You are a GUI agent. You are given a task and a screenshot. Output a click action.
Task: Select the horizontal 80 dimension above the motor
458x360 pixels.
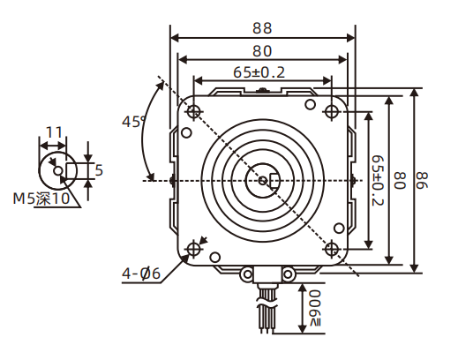(x=262, y=50)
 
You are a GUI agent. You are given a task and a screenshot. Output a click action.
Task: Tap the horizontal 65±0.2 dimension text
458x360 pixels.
(x=259, y=72)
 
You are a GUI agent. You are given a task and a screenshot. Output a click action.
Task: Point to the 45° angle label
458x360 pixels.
(x=134, y=122)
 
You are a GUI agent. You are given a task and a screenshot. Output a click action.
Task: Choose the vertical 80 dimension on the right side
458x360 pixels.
(x=399, y=181)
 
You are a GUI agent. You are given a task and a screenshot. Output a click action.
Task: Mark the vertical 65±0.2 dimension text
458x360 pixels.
(x=377, y=181)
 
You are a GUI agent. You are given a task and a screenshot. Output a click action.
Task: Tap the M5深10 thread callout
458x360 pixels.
(x=41, y=199)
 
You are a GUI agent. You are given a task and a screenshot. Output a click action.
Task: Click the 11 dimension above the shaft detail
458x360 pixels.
(x=54, y=132)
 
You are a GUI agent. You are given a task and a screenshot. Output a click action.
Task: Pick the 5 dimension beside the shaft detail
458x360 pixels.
(x=99, y=169)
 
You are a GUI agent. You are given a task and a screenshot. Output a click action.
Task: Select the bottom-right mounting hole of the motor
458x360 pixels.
(x=332, y=248)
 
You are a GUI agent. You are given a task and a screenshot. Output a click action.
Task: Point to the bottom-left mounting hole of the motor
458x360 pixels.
(x=193, y=249)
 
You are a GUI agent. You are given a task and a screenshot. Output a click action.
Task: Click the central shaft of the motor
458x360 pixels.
(x=263, y=181)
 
